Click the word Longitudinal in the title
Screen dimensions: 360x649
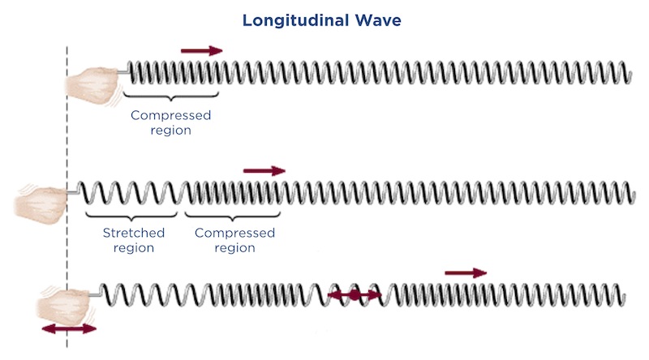[x=293, y=20]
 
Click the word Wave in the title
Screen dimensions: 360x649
[x=380, y=20]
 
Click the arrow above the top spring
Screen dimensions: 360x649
[x=201, y=50]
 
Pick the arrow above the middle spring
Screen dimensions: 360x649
[x=264, y=170]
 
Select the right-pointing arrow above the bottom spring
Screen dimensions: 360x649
[x=466, y=273]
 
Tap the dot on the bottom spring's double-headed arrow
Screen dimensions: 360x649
[x=354, y=297]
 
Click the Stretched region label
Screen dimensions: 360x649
[x=134, y=240]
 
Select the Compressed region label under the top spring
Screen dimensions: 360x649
[x=170, y=122]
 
